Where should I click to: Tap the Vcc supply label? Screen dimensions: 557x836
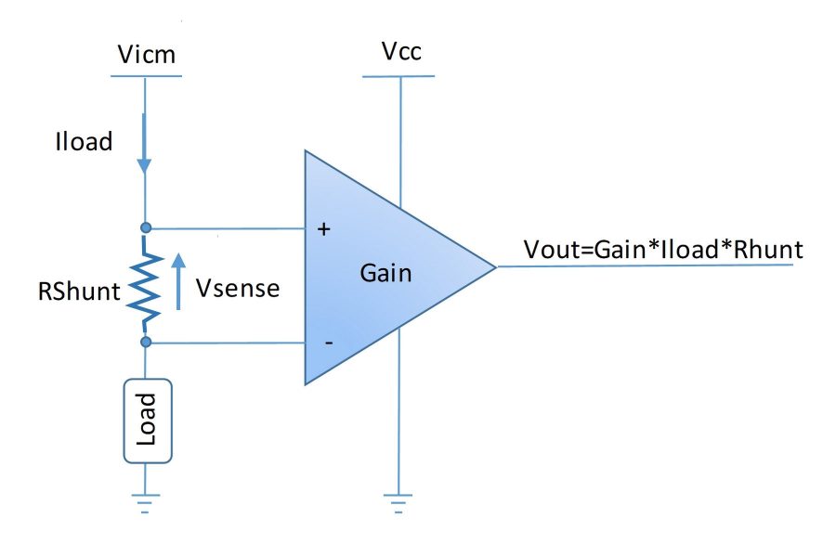(400, 52)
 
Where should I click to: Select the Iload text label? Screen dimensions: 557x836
(84, 142)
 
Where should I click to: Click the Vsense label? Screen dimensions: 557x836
(238, 288)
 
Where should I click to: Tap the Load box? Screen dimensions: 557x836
(145, 421)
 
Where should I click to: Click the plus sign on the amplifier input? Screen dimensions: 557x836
(324, 229)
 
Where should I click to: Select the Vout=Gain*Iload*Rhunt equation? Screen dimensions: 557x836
(663, 250)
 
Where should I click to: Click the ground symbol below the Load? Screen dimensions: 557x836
(145, 501)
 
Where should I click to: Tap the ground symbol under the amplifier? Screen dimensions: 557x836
(399, 502)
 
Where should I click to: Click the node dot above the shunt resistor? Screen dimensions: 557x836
(145, 227)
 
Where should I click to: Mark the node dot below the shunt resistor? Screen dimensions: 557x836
(145, 343)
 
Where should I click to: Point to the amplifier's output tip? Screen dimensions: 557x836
(495, 266)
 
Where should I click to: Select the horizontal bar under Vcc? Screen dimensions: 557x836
(399, 76)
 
